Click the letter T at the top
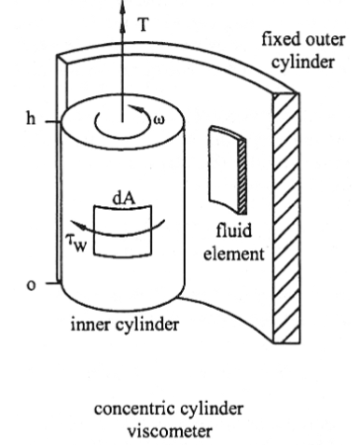[142, 25]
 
